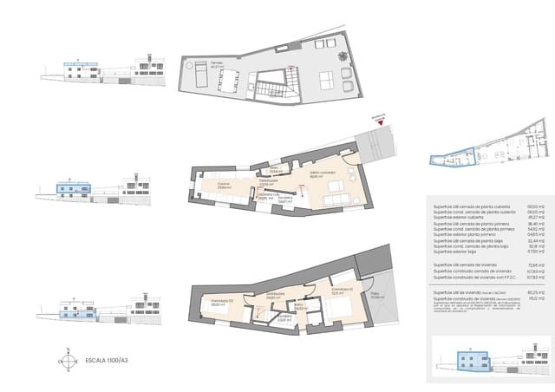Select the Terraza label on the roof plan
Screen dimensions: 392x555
(x=200, y=63)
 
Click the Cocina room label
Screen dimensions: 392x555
(x=223, y=185)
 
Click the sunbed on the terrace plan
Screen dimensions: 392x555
(x=196, y=80)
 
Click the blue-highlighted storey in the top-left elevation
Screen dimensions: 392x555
(x=78, y=63)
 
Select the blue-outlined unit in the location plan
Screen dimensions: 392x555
(x=450, y=157)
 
